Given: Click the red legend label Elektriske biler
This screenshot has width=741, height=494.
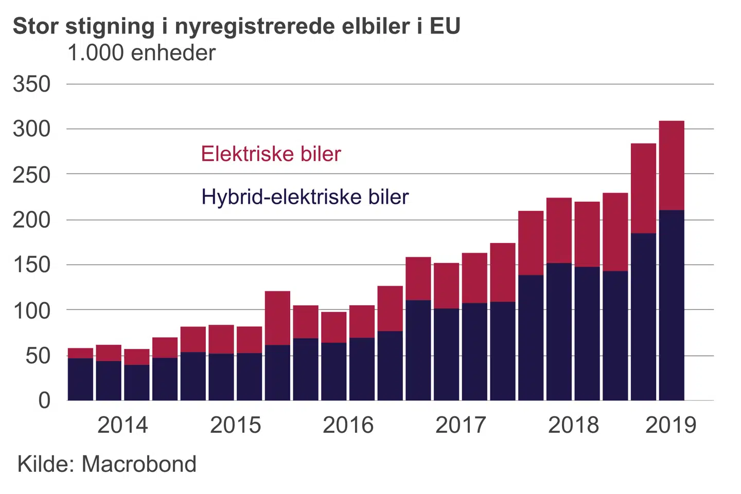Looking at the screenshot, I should (271, 154).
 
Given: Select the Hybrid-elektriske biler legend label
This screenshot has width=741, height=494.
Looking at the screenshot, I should (305, 197).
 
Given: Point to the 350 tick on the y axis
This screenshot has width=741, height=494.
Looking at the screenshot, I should (32, 84).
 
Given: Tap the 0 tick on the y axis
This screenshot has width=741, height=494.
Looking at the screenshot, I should (44, 400).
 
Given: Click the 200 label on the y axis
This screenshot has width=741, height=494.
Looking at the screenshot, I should (32, 220).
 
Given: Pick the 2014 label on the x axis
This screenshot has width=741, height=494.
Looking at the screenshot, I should (122, 425).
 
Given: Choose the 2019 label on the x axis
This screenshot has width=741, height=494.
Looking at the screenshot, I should (671, 425).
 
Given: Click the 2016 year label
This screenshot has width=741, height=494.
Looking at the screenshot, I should (348, 425).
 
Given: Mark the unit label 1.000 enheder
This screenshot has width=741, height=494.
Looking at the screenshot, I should (142, 53).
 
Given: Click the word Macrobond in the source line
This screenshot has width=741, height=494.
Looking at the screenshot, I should (139, 464).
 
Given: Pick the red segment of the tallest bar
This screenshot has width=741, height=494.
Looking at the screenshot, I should (672, 165).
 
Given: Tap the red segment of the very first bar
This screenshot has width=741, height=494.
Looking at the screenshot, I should (80, 353).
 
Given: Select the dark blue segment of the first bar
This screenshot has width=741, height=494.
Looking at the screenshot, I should (80, 379).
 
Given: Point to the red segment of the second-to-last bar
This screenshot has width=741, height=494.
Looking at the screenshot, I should (643, 188).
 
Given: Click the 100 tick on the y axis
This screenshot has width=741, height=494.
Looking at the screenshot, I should (32, 310).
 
